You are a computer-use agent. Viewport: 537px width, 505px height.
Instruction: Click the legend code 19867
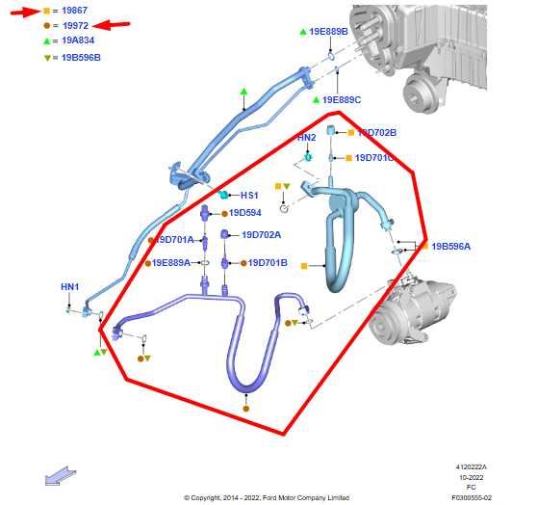click(74, 10)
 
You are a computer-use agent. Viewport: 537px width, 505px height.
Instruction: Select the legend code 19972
click(74, 25)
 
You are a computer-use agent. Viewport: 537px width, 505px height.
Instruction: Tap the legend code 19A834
click(77, 41)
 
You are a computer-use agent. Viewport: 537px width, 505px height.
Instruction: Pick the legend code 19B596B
click(81, 58)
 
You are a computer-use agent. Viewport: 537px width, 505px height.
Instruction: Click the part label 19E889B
click(328, 32)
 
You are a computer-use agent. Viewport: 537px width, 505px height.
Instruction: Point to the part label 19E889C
click(342, 99)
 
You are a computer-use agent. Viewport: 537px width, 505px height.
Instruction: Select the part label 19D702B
click(377, 132)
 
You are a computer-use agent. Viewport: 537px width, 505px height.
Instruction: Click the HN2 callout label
click(306, 138)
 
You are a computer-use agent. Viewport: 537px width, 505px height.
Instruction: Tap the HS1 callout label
click(249, 195)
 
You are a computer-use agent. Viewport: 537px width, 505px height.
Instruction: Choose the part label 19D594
click(244, 213)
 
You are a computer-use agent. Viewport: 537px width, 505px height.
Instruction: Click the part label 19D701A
click(175, 239)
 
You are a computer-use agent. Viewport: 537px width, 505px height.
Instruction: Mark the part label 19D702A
click(261, 234)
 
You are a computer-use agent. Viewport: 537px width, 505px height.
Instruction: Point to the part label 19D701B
click(268, 262)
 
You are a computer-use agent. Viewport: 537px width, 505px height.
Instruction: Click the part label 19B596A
click(450, 247)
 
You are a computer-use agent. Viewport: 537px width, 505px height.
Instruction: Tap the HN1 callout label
click(70, 286)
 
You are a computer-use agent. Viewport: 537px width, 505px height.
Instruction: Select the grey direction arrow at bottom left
click(59, 474)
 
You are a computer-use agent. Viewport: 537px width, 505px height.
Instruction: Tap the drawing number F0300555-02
click(472, 497)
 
